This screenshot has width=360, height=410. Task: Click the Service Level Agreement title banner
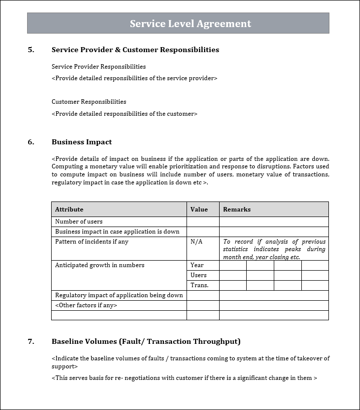(191, 24)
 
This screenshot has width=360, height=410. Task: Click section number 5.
(31, 50)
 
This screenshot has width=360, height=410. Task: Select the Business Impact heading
(82, 142)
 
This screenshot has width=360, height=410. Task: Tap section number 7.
(31, 341)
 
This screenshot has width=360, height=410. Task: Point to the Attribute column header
(69, 210)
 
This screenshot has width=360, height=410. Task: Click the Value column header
(199, 210)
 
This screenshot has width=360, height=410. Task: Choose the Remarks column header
(237, 210)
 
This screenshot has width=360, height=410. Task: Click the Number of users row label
(79, 222)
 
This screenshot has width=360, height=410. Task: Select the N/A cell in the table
(197, 242)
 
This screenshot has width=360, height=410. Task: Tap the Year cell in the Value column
(197, 265)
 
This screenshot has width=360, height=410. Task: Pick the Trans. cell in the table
(199, 285)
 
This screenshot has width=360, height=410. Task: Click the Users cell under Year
(199, 275)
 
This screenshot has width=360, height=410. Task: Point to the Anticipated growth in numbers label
(100, 265)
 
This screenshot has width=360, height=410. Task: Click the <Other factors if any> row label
(86, 305)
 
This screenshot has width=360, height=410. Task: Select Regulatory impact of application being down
(119, 295)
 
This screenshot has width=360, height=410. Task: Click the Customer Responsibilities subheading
(89, 102)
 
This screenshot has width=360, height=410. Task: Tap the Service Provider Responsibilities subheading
(99, 67)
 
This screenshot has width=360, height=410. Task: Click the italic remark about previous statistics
(274, 249)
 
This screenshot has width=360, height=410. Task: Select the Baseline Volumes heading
(146, 341)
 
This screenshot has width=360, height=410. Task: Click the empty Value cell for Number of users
(203, 222)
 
